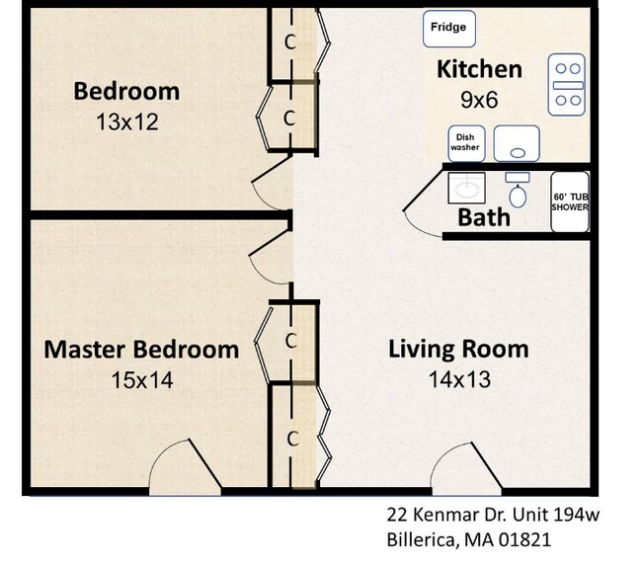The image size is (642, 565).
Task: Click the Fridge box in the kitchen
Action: (x=448, y=28)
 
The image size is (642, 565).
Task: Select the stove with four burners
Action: (x=567, y=86)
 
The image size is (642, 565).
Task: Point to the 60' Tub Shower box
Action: (x=570, y=202)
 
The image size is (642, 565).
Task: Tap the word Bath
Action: (x=484, y=216)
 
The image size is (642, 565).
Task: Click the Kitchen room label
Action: (x=479, y=69)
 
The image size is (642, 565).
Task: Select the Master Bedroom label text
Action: (x=141, y=350)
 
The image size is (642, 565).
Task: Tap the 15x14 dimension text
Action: (x=141, y=379)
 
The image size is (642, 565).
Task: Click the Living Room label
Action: (x=457, y=349)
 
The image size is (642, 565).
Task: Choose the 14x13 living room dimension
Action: (x=457, y=378)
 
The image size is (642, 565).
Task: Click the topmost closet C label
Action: (x=290, y=42)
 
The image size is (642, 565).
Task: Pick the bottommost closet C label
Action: (x=292, y=438)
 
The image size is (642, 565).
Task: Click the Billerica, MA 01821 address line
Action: (x=467, y=540)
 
